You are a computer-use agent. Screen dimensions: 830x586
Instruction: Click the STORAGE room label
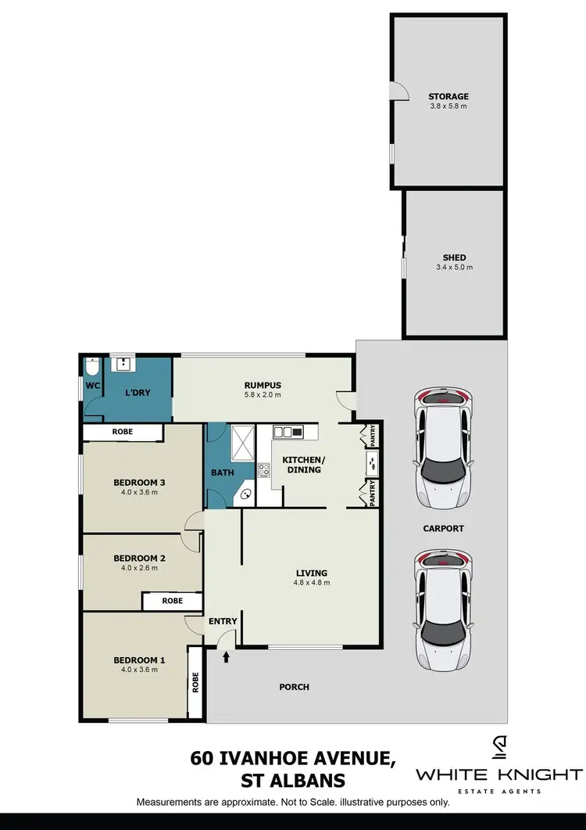(448, 96)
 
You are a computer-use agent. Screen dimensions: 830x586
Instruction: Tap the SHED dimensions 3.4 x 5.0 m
(454, 268)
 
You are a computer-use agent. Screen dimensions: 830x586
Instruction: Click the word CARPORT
(443, 529)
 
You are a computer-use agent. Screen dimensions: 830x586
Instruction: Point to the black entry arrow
(227, 657)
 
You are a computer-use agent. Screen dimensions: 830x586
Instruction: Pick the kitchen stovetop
(264, 470)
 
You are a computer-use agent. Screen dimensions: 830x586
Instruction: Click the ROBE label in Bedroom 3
(122, 432)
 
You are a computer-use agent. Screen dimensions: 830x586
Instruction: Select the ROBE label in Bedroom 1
(195, 682)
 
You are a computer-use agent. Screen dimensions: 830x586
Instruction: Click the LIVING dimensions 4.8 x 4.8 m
(311, 583)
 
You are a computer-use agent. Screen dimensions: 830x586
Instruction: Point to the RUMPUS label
(262, 385)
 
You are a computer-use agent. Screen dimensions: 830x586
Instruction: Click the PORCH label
(294, 687)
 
